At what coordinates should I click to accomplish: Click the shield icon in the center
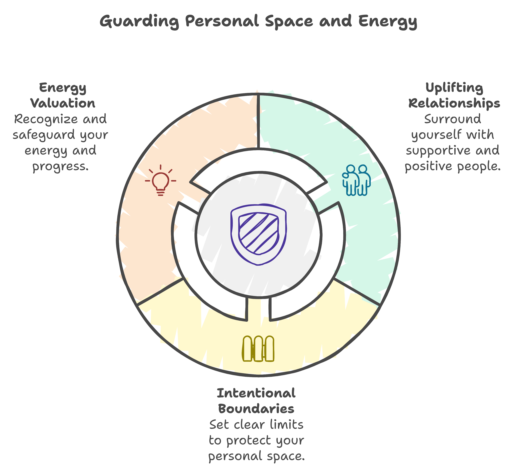click(x=259, y=234)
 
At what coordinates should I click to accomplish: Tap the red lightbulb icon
click(x=160, y=181)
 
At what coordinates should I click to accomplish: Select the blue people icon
click(x=356, y=180)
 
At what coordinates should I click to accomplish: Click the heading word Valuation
click(x=63, y=103)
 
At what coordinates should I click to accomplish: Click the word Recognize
click(x=42, y=119)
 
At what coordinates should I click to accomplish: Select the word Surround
click(x=453, y=119)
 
